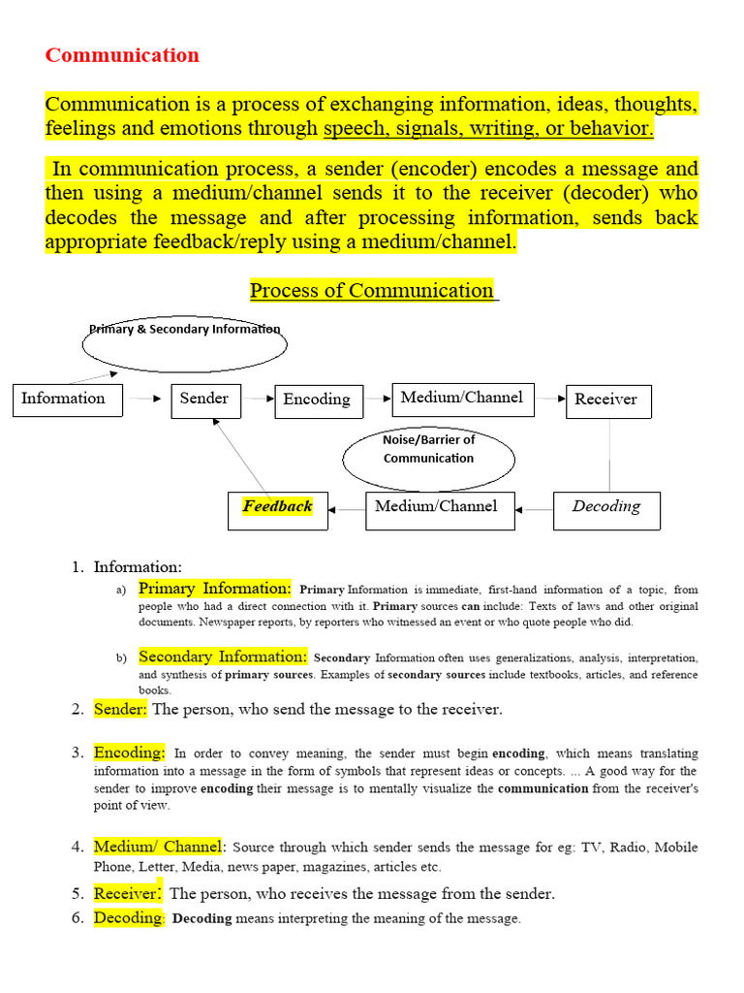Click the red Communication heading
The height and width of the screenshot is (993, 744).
tap(122, 55)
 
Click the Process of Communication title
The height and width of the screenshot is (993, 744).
tap(373, 290)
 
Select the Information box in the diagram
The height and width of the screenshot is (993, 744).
tap(67, 400)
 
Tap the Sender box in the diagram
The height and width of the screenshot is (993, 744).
tap(205, 399)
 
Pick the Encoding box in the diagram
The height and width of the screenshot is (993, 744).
tap(318, 400)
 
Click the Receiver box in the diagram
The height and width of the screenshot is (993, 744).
tap(607, 400)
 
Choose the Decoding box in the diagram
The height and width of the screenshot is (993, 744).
tap(606, 507)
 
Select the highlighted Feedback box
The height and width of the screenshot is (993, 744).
tap(278, 507)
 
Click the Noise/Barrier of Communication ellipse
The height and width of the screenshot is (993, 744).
tap(428, 449)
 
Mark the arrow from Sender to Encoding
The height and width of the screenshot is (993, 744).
tap(257, 398)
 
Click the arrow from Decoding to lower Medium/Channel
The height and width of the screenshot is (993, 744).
tap(534, 508)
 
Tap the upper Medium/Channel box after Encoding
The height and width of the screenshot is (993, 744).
tap(462, 398)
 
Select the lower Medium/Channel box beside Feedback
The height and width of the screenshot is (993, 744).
tap(435, 507)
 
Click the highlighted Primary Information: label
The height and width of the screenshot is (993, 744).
tap(215, 588)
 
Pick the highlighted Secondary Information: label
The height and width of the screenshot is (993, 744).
tap(223, 657)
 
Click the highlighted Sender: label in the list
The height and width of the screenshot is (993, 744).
tap(121, 709)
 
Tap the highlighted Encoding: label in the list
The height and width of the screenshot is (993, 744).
tap(130, 753)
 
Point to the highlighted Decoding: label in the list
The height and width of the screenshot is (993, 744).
tap(130, 917)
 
